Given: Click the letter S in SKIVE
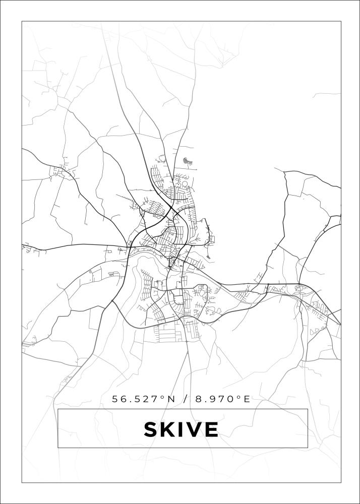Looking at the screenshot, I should (x=151, y=429).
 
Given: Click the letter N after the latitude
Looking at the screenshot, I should (x=171, y=399).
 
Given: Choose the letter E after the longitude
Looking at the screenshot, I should (x=247, y=399).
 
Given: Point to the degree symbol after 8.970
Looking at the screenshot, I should (x=238, y=397).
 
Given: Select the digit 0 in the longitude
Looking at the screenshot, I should (x=231, y=399).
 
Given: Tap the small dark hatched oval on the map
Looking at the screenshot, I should (x=188, y=161).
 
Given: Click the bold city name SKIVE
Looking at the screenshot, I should (x=181, y=429).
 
